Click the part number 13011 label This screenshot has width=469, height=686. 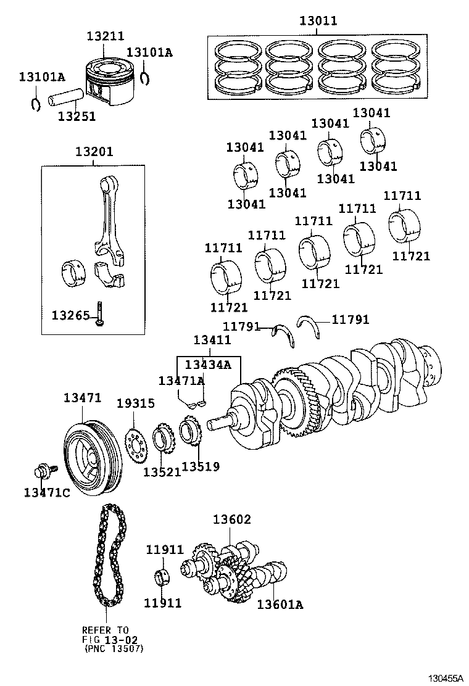[318, 21]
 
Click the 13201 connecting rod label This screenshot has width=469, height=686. [94, 152]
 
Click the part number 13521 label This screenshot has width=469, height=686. [162, 472]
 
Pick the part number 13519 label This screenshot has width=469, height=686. [201, 467]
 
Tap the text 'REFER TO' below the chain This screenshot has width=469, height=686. [106, 630]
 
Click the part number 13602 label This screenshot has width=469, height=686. [232, 520]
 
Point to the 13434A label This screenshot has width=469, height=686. [207, 365]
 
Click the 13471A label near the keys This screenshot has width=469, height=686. [181, 381]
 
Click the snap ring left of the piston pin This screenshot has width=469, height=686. [36, 103]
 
